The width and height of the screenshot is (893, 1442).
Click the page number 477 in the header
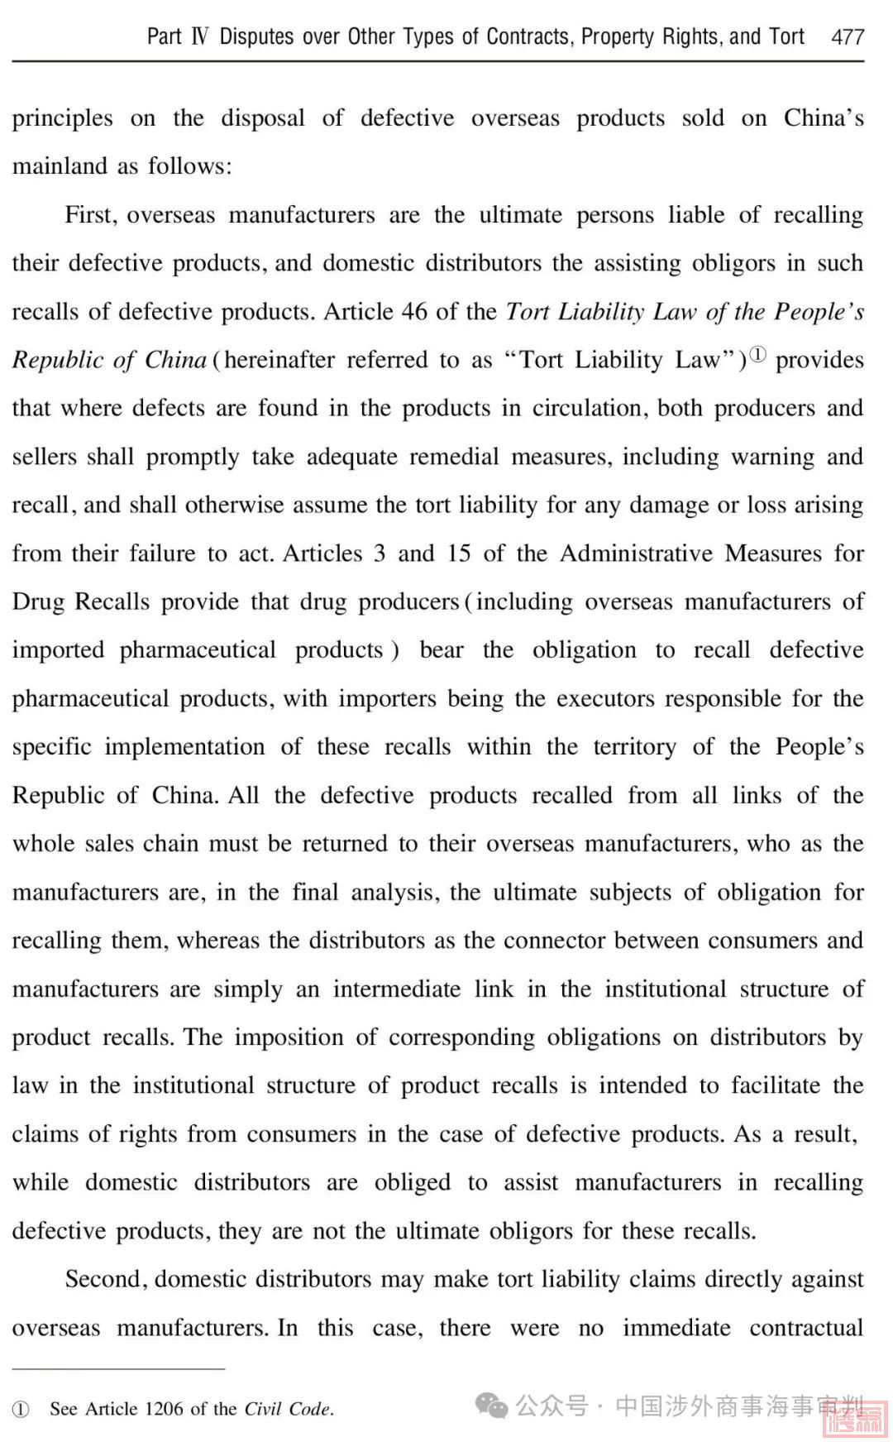coord(848,37)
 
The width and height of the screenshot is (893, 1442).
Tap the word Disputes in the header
coord(256,37)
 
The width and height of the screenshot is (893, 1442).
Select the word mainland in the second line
coord(60,166)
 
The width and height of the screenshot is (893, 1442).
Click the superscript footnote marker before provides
coord(757,356)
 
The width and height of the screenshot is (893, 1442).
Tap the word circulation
coord(586,409)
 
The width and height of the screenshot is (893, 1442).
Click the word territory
coord(634,747)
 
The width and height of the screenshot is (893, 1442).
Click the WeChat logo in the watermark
coord(491,1405)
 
